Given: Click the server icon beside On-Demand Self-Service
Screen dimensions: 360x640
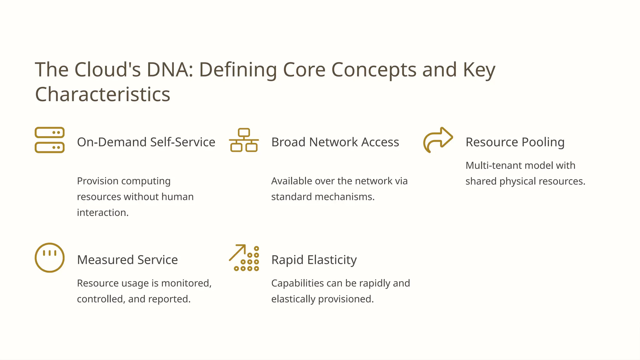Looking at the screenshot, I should (x=49, y=140).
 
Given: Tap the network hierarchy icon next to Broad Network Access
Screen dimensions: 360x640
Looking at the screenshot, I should (x=244, y=140).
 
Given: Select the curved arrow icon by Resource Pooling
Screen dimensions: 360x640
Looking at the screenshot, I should (x=438, y=140).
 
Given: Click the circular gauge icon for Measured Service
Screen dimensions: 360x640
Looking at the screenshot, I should (x=49, y=258).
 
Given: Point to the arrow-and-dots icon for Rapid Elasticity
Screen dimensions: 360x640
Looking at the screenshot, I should (x=244, y=258).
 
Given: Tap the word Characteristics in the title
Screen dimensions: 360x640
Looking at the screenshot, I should (x=102, y=94).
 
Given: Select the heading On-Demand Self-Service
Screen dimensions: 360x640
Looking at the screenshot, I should (x=146, y=142).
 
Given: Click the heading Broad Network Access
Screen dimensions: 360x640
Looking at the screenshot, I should (x=335, y=142).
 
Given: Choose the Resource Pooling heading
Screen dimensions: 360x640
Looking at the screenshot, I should (x=515, y=142).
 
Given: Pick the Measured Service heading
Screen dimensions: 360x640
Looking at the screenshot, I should (x=127, y=260).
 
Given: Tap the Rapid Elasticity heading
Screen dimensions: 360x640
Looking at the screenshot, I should (x=314, y=260).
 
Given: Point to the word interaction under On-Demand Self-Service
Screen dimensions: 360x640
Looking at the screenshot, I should (x=102, y=212).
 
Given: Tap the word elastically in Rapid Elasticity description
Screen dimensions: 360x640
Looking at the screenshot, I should (x=293, y=299).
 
